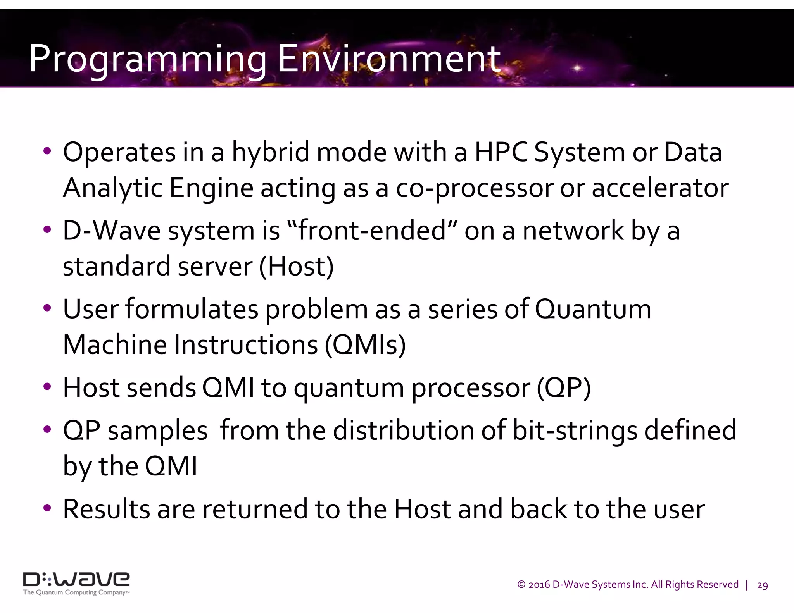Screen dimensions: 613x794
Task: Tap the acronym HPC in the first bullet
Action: tap(501, 152)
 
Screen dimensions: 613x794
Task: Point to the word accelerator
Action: tap(660, 188)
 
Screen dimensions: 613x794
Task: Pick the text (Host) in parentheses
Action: tap(296, 267)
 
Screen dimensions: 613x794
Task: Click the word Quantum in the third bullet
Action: tap(593, 309)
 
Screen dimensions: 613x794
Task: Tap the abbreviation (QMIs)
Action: tap(365, 345)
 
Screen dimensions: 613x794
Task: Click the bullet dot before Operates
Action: tap(47, 151)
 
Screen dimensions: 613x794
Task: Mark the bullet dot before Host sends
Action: tap(47, 387)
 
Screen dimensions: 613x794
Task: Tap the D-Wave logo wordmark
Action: tap(76, 579)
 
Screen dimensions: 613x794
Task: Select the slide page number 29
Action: tap(762, 585)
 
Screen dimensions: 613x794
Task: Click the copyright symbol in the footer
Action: tap(521, 585)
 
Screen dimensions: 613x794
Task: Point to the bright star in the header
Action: tap(577, 68)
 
